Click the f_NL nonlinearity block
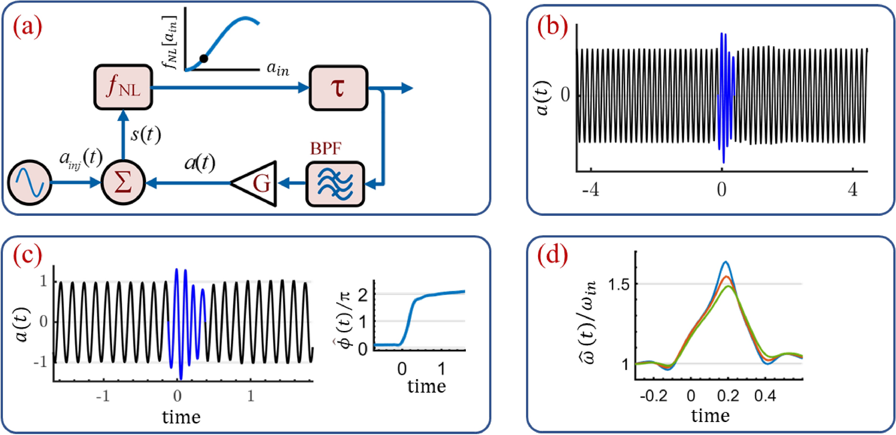tap(123, 88)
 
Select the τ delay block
tap(338, 89)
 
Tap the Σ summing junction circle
tap(123, 183)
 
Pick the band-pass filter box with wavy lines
tap(335, 184)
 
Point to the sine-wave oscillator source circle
tap(30, 183)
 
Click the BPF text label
tap(326, 149)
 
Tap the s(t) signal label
tap(145, 134)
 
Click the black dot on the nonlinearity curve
tap(204, 58)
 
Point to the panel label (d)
tap(552, 254)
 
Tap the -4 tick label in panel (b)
tap(590, 190)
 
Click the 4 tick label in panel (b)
tap(853, 190)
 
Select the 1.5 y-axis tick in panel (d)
tap(619, 284)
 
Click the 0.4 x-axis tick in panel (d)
tap(765, 396)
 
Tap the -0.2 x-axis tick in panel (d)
tap(654, 396)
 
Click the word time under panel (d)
tap(711, 415)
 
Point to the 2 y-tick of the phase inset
tap(363, 294)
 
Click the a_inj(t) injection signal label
tap(80, 157)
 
